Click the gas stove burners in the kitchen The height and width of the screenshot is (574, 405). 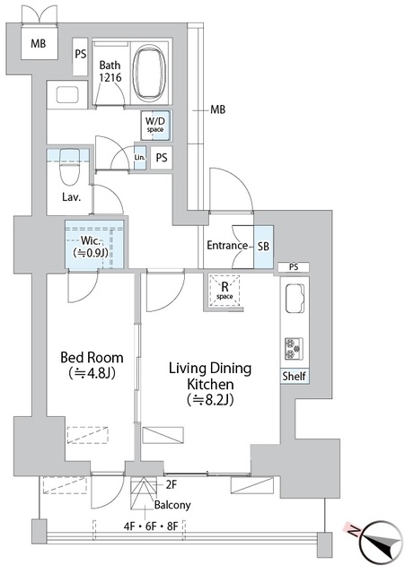tap(294, 348)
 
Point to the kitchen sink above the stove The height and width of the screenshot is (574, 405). tap(294, 300)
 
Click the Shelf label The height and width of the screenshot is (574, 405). tap(295, 377)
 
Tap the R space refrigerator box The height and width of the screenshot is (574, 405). tap(223, 290)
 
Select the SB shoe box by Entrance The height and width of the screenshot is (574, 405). tap(264, 246)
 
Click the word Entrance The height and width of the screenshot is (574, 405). tap(227, 246)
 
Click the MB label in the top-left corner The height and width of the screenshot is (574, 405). tap(39, 44)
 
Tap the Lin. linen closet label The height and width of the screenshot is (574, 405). tap(139, 159)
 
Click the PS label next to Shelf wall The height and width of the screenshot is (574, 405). tap(294, 267)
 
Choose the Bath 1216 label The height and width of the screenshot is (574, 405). tap(110, 71)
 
